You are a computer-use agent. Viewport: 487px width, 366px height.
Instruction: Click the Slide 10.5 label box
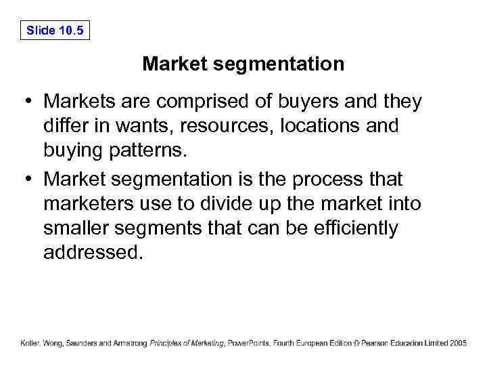(x=55, y=30)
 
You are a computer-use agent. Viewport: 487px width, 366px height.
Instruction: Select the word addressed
(x=93, y=253)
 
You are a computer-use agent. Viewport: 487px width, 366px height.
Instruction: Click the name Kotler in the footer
(x=30, y=344)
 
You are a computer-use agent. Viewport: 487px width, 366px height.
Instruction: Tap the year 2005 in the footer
(x=457, y=344)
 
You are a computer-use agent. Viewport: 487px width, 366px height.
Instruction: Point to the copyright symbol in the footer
(x=356, y=344)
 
